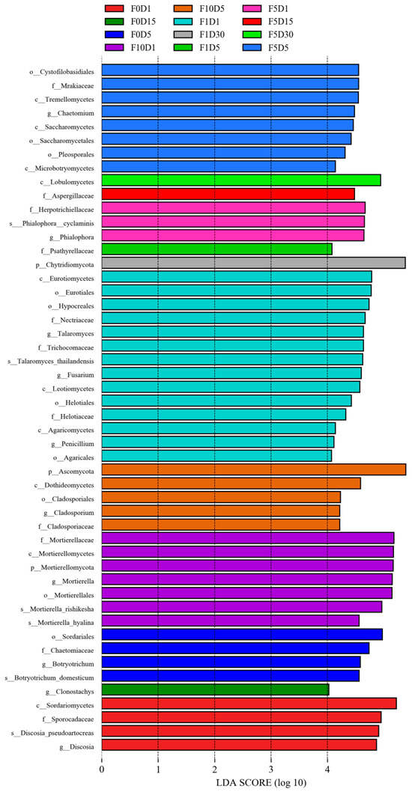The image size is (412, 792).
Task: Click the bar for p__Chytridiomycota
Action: click(x=253, y=263)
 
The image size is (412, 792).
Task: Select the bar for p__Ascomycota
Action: click(x=254, y=469)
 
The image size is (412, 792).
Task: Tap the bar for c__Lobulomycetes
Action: click(x=241, y=180)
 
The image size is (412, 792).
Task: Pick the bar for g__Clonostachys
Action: click(x=215, y=689)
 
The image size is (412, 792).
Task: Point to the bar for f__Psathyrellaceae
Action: click(x=217, y=249)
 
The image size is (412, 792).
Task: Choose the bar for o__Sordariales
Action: click(x=242, y=634)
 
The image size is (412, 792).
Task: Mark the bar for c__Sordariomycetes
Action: click(x=249, y=703)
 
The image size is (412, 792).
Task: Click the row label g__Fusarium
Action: click(x=75, y=374)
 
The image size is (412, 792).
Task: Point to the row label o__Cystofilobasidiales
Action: click(x=61, y=70)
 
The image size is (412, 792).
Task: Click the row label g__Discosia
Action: click(x=76, y=745)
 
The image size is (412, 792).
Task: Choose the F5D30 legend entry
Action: click(x=270, y=35)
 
